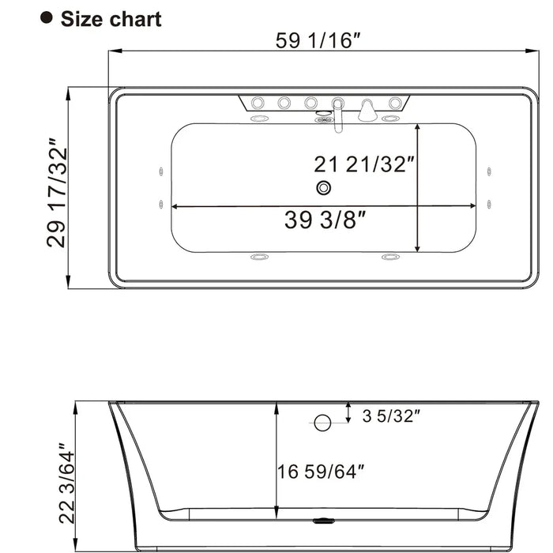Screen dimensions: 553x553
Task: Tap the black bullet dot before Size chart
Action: pos(47,18)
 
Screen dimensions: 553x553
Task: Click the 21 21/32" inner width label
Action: pos(364,164)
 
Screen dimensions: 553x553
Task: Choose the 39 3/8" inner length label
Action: pos(325,220)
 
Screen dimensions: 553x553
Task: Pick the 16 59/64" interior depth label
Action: pos(321,472)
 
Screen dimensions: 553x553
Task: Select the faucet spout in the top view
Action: pos(337,118)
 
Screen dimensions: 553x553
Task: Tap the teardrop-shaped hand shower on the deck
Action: pos(367,111)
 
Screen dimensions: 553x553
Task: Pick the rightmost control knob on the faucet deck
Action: pos(394,103)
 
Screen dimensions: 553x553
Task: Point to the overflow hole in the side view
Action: pos(322,423)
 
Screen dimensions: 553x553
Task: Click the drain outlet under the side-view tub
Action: pos(324,521)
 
